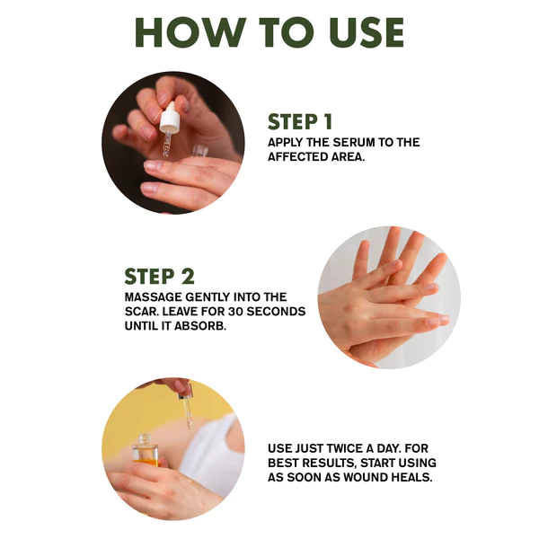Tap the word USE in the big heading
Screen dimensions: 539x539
367,32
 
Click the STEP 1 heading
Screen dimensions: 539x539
300,121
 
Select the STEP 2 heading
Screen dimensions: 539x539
160,277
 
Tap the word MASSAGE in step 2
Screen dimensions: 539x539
153,297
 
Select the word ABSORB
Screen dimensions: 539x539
200,326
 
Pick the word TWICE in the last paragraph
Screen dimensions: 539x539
344,448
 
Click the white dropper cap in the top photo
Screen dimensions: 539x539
170,118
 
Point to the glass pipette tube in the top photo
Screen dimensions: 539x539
167,146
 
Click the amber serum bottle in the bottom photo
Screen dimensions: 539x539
146,450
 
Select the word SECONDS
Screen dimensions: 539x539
276,312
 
